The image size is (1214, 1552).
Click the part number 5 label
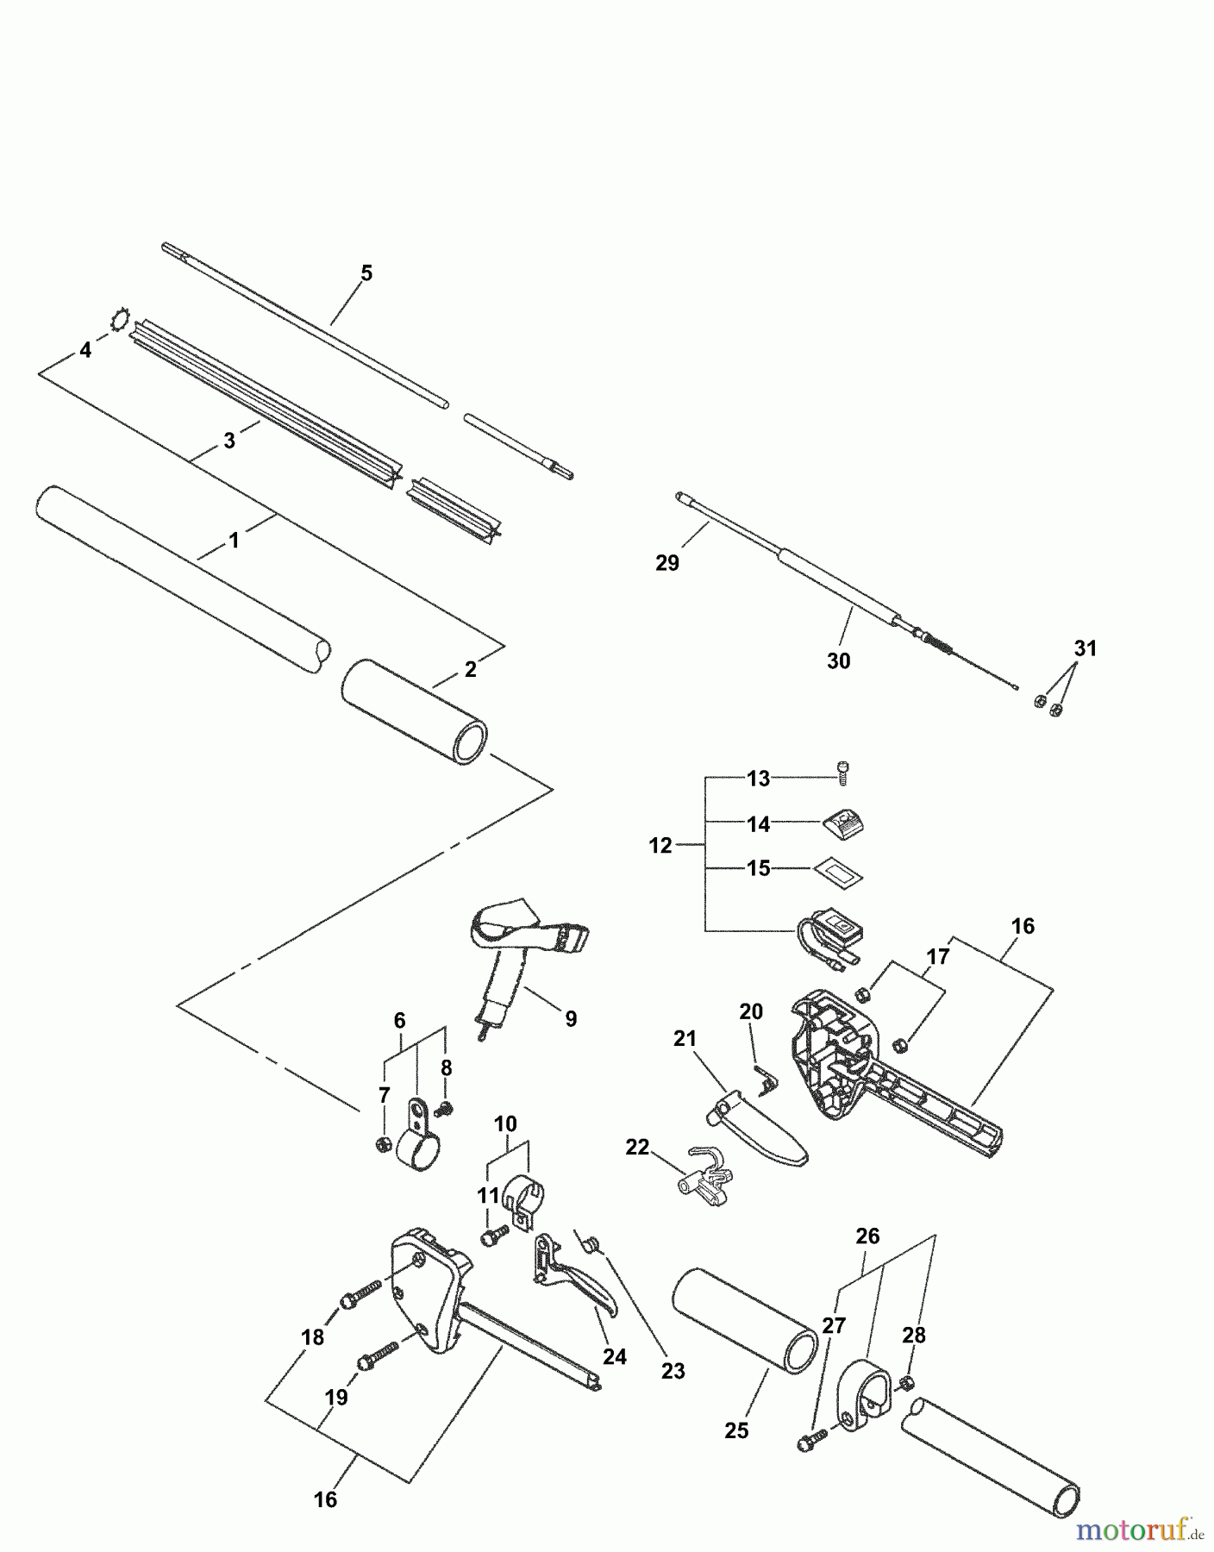pos(366,273)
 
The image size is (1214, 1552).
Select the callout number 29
pos(667,563)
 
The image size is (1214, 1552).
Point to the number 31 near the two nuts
pos(1086,648)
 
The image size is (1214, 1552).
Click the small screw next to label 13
pos(843,773)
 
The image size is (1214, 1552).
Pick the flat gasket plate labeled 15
pos(836,870)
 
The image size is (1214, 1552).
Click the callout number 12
pos(660,846)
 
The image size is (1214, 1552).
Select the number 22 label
pos(637,1148)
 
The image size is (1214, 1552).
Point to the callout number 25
pos(736,1430)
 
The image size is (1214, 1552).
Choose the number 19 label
pos(335,1397)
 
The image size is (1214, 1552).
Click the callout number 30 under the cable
pos(838,661)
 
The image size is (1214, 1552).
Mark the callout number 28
pos(914,1335)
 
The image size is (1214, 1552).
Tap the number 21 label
pos(685,1039)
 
